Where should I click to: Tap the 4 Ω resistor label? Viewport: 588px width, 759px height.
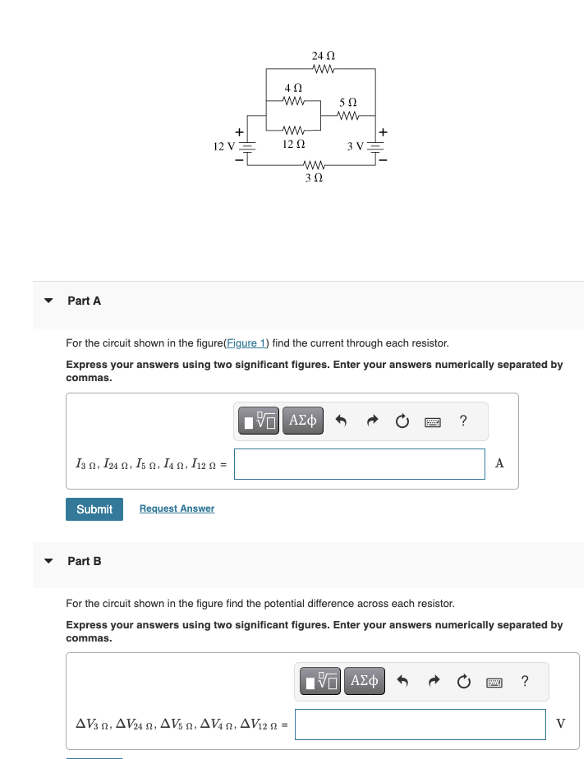(x=292, y=87)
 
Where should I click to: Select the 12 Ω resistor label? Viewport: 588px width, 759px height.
(x=293, y=145)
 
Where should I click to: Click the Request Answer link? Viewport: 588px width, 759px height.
(x=177, y=508)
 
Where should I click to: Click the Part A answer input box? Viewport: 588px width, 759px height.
(x=359, y=464)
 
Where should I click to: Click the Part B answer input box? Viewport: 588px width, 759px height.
(x=420, y=724)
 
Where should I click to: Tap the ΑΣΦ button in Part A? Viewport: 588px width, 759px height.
(x=302, y=421)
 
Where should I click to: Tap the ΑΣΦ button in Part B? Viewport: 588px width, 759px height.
(x=364, y=681)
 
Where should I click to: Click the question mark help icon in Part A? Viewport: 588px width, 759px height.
(x=464, y=421)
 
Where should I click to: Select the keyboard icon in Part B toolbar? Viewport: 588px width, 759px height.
(x=494, y=682)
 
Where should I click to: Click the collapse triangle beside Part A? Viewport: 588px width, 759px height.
(x=48, y=301)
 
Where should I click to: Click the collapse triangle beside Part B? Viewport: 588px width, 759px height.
(x=48, y=561)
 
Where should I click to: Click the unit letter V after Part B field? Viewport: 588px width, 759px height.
(x=560, y=724)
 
